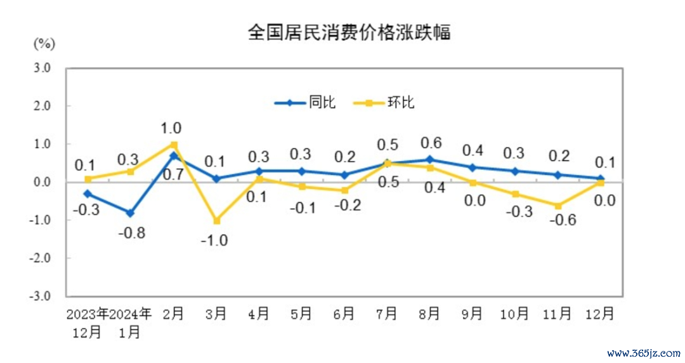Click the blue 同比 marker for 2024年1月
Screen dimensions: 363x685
click(x=130, y=213)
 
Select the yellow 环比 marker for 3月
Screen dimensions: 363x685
click(x=216, y=221)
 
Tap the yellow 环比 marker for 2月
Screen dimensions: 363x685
click(x=173, y=145)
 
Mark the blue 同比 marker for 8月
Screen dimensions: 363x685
click(x=429, y=159)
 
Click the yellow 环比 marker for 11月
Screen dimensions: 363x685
click(x=558, y=206)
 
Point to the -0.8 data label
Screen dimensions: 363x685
click(x=131, y=233)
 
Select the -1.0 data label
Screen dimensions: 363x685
click(x=216, y=241)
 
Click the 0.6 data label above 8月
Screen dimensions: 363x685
click(x=430, y=142)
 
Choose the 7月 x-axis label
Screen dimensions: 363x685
click(x=387, y=313)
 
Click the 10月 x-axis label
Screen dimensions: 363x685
click(x=514, y=313)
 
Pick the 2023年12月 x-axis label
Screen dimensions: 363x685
click(x=88, y=322)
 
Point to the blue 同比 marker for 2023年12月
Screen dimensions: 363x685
click(x=88, y=194)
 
